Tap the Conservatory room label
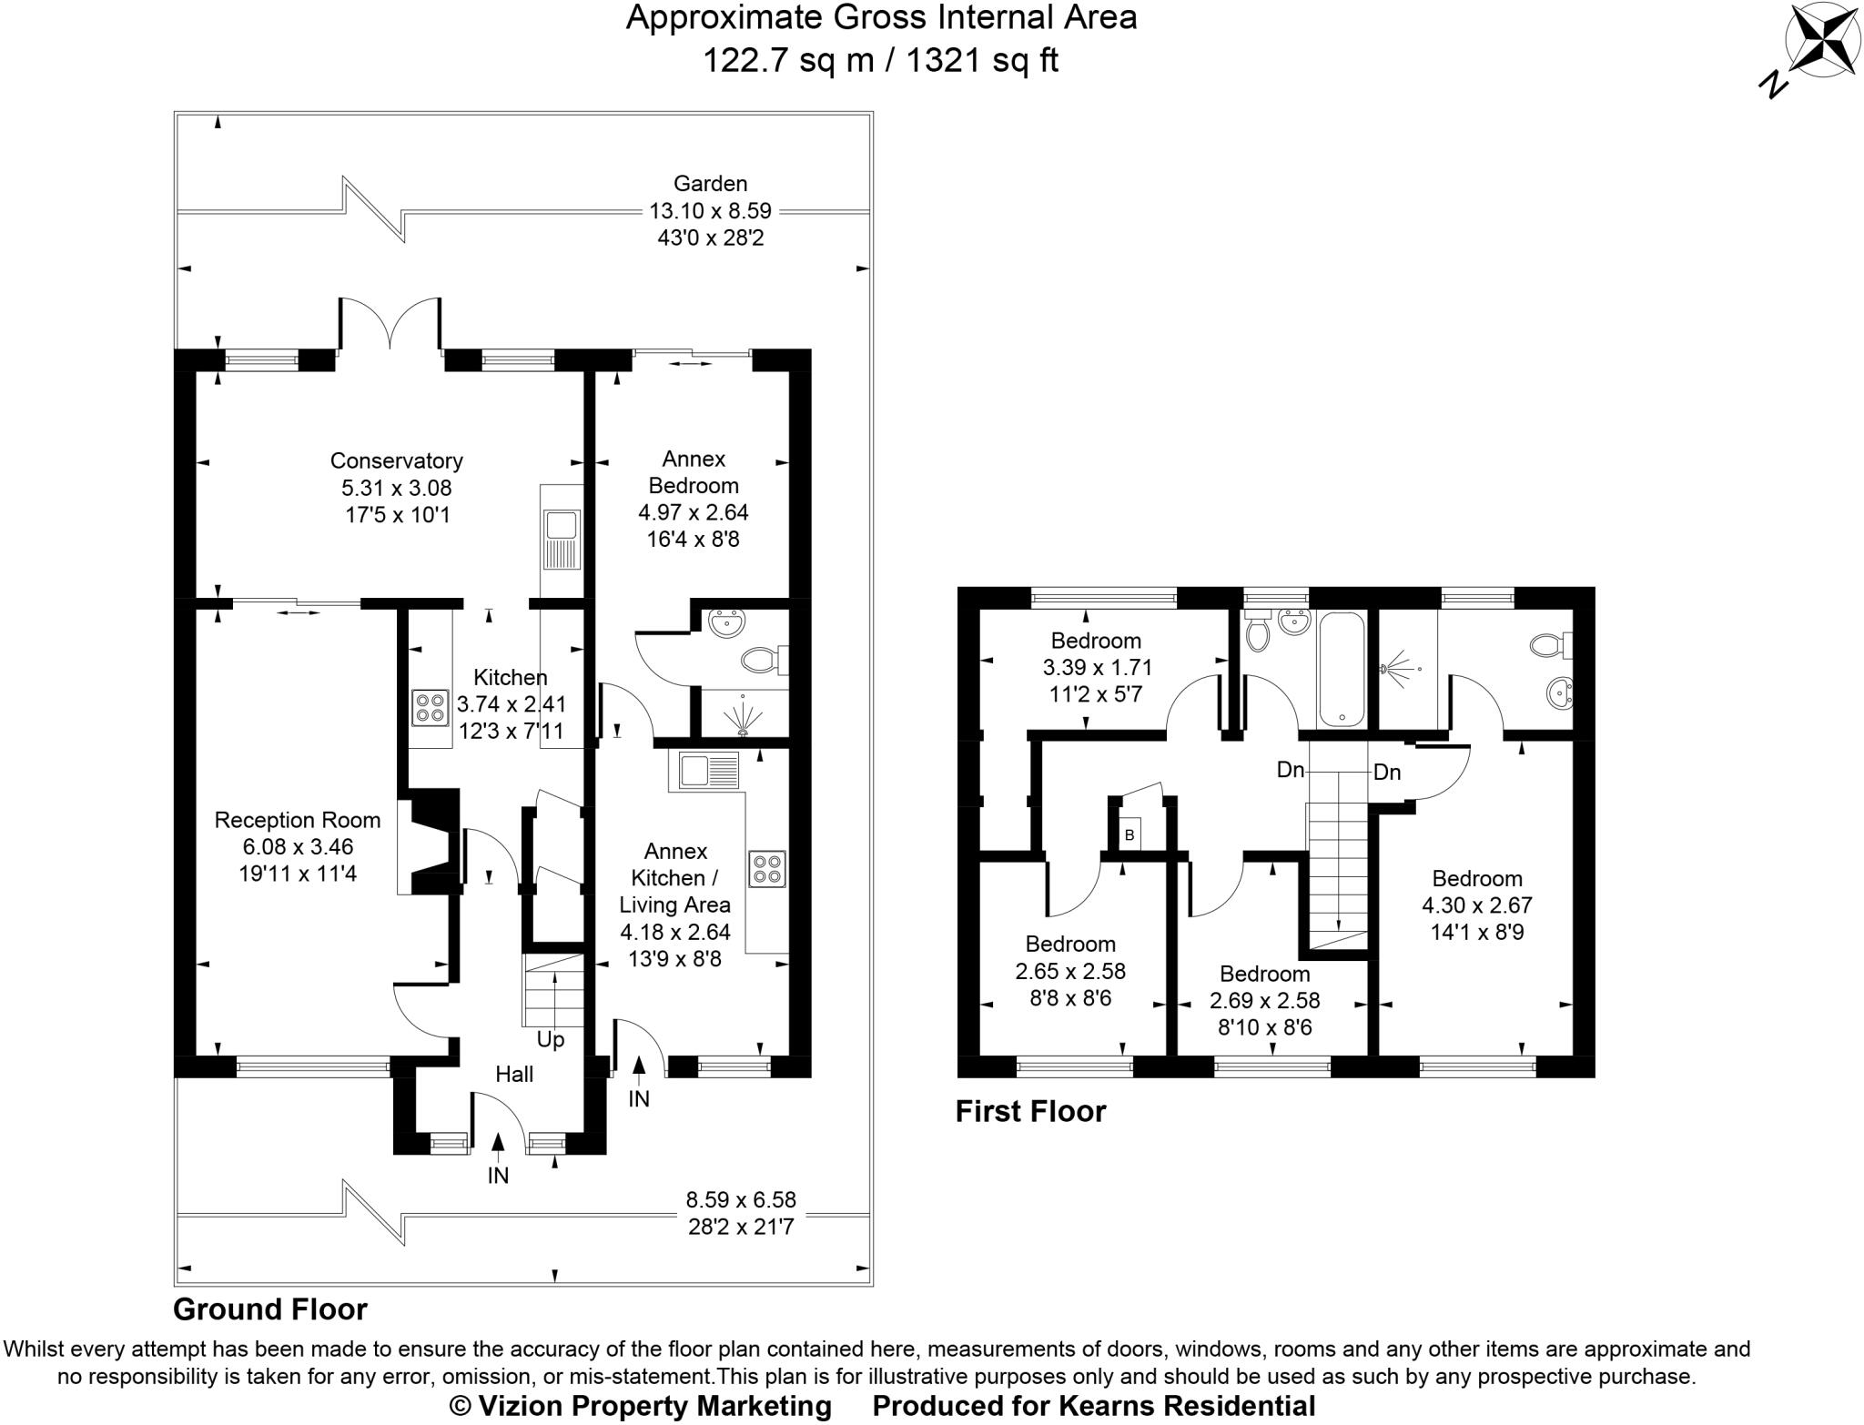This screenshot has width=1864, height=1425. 396,461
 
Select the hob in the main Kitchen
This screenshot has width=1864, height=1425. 430,708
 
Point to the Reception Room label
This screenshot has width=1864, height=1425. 297,821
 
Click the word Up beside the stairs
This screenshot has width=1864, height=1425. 550,1039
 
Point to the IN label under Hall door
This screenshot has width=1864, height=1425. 498,1176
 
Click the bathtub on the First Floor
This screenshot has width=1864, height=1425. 1341,669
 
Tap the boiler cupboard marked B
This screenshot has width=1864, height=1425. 1130,834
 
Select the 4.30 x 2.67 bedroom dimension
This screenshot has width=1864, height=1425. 1476,905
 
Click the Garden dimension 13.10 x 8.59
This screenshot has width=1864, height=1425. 710,211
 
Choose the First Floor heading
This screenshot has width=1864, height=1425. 1029,1111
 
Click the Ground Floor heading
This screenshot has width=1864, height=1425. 270,1309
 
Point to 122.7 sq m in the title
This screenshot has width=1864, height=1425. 787,61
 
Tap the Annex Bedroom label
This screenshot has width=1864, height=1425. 694,471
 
